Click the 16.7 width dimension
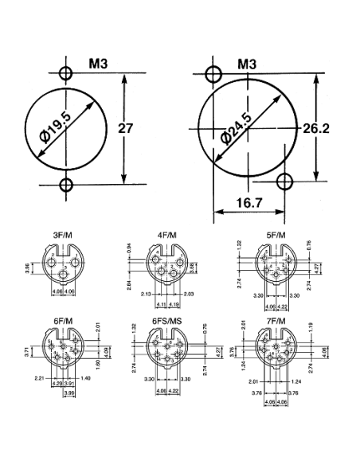coord(248,204)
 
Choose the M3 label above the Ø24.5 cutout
coord(248,64)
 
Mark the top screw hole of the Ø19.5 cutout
coord(66,75)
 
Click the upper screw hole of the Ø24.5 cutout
coord(213,75)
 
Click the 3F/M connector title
coord(64,235)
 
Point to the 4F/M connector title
coord(167,235)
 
